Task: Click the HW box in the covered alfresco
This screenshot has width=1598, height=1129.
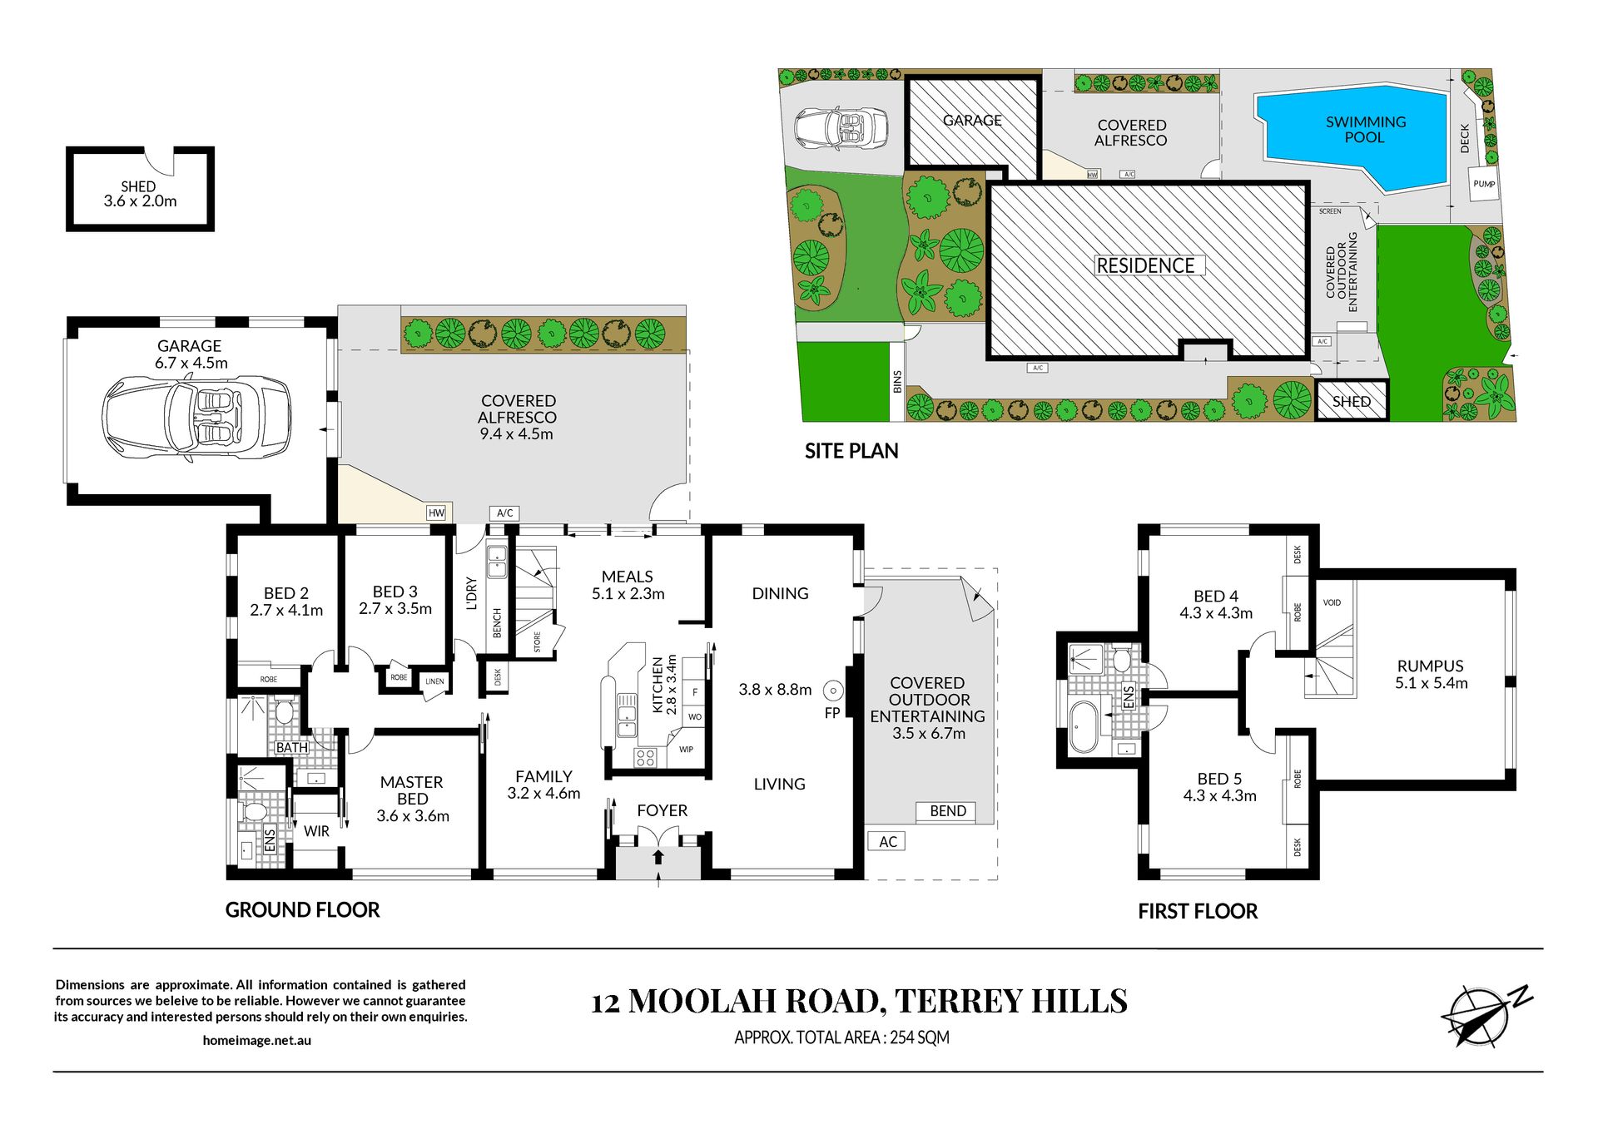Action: coord(436,513)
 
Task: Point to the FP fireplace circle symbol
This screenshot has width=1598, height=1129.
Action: coord(833,691)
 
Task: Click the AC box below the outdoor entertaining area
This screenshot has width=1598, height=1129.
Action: coord(887,842)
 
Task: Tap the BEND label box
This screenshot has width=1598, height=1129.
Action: coord(947,811)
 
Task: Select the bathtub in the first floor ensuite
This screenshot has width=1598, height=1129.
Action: coord(1084,727)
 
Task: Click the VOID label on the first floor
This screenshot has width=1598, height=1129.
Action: coord(1332,602)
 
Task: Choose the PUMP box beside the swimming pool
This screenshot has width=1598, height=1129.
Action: coord(1484,185)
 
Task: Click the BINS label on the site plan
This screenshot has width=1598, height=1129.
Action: coord(897,382)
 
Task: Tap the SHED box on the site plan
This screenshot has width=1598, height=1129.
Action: coord(1352,401)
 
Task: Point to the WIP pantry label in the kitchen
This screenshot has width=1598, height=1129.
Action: coord(686,750)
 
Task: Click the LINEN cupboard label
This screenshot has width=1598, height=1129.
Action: coord(434,681)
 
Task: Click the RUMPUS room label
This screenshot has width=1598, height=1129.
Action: coord(1430,666)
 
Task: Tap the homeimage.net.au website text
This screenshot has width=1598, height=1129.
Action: coord(257,1040)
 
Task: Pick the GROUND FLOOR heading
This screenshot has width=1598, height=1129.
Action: coord(302,910)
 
